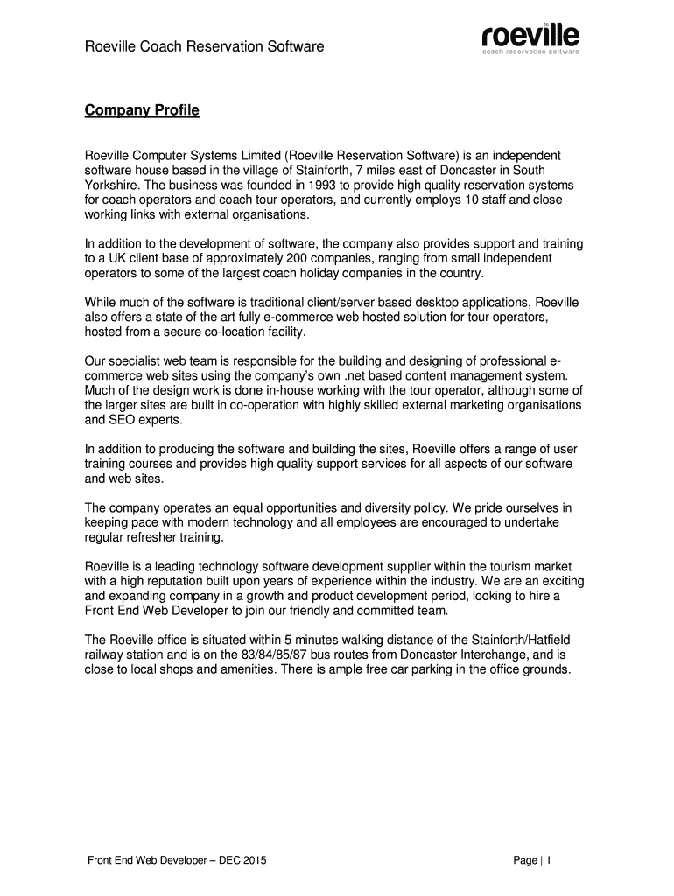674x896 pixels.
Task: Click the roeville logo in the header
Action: pos(530,38)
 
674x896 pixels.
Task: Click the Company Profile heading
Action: pos(142,111)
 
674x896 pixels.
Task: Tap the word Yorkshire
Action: pos(113,185)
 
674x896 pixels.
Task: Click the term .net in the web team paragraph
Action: pos(359,375)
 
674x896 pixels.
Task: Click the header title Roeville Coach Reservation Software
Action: pos(204,45)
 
